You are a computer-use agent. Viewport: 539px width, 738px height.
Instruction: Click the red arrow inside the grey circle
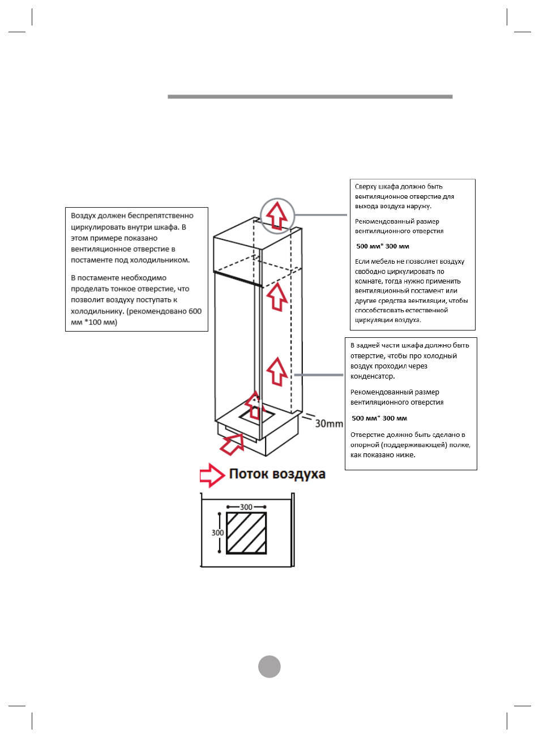point(277,214)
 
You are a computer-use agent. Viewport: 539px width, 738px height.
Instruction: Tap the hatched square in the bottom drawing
point(246,533)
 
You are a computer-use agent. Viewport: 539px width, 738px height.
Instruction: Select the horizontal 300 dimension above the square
point(246,507)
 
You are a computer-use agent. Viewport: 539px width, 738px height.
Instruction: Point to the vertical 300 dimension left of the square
point(217,533)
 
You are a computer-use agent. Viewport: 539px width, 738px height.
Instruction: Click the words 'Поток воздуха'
point(277,474)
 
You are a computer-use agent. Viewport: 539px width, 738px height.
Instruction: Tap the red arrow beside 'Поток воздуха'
point(212,475)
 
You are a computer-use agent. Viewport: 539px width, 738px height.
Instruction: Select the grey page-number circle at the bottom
point(269,666)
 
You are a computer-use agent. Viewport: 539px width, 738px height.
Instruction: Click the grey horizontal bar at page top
point(310,97)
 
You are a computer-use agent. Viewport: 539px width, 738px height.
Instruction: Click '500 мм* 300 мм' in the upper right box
point(382,246)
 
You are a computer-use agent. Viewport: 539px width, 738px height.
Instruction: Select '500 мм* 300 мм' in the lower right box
point(379,418)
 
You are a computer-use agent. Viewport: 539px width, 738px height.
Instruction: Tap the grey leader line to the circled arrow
point(320,215)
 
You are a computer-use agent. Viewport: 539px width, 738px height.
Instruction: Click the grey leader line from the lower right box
point(318,375)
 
